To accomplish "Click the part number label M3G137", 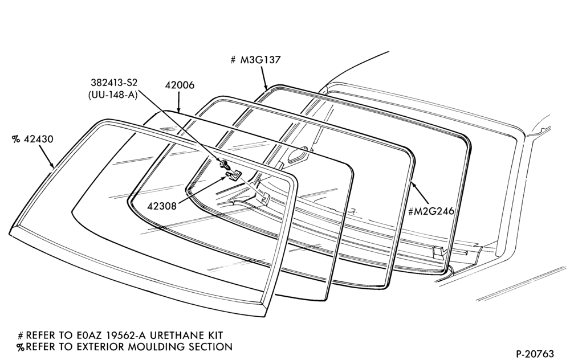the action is [260, 60].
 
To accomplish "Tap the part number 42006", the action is [180, 85].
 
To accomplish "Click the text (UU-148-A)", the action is [112, 95].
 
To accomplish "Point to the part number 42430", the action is [38, 139].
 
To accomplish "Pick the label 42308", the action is [162, 206].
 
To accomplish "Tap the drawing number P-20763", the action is [535, 354].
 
